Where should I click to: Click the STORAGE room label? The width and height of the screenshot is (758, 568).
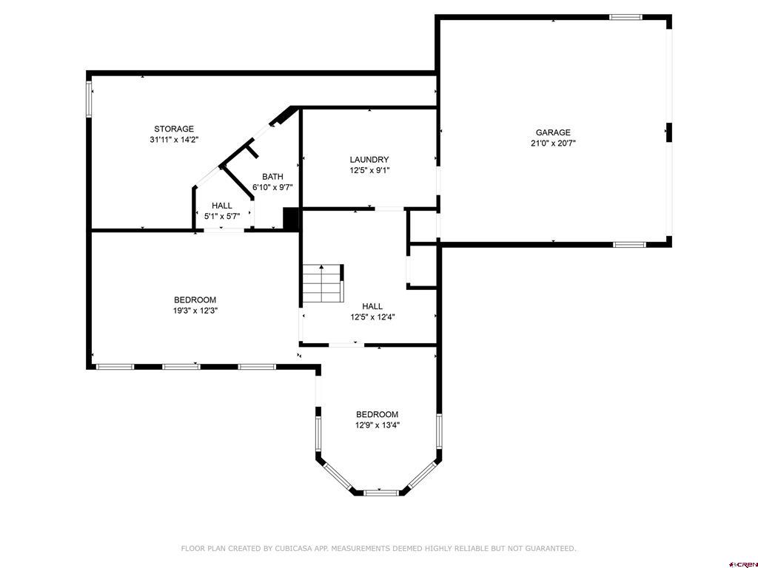click(174, 129)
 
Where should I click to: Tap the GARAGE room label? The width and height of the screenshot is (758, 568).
click(553, 133)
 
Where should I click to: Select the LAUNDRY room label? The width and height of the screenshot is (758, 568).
click(369, 160)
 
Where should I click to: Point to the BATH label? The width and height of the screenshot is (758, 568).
click(272, 177)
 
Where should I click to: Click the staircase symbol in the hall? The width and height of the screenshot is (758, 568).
click(322, 283)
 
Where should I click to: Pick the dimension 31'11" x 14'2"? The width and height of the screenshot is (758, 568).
click(174, 139)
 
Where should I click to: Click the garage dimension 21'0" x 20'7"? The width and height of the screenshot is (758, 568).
click(553, 143)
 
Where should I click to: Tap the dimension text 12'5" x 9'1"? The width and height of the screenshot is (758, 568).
click(369, 170)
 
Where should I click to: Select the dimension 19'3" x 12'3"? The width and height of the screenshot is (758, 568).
click(195, 311)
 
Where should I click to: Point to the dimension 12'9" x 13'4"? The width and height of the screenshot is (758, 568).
click(377, 425)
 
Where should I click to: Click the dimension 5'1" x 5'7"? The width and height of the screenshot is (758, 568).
click(222, 217)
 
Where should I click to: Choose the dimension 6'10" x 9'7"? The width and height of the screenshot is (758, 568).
click(272, 187)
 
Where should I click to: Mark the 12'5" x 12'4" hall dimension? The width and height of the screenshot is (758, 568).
click(372, 317)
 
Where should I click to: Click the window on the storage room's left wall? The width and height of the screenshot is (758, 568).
click(89, 98)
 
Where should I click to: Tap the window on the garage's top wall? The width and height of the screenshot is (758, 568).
click(625, 16)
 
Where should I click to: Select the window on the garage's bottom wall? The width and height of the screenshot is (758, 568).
click(629, 244)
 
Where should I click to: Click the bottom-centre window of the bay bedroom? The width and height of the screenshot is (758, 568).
click(381, 492)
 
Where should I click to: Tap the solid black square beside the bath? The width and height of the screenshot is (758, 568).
click(291, 219)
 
